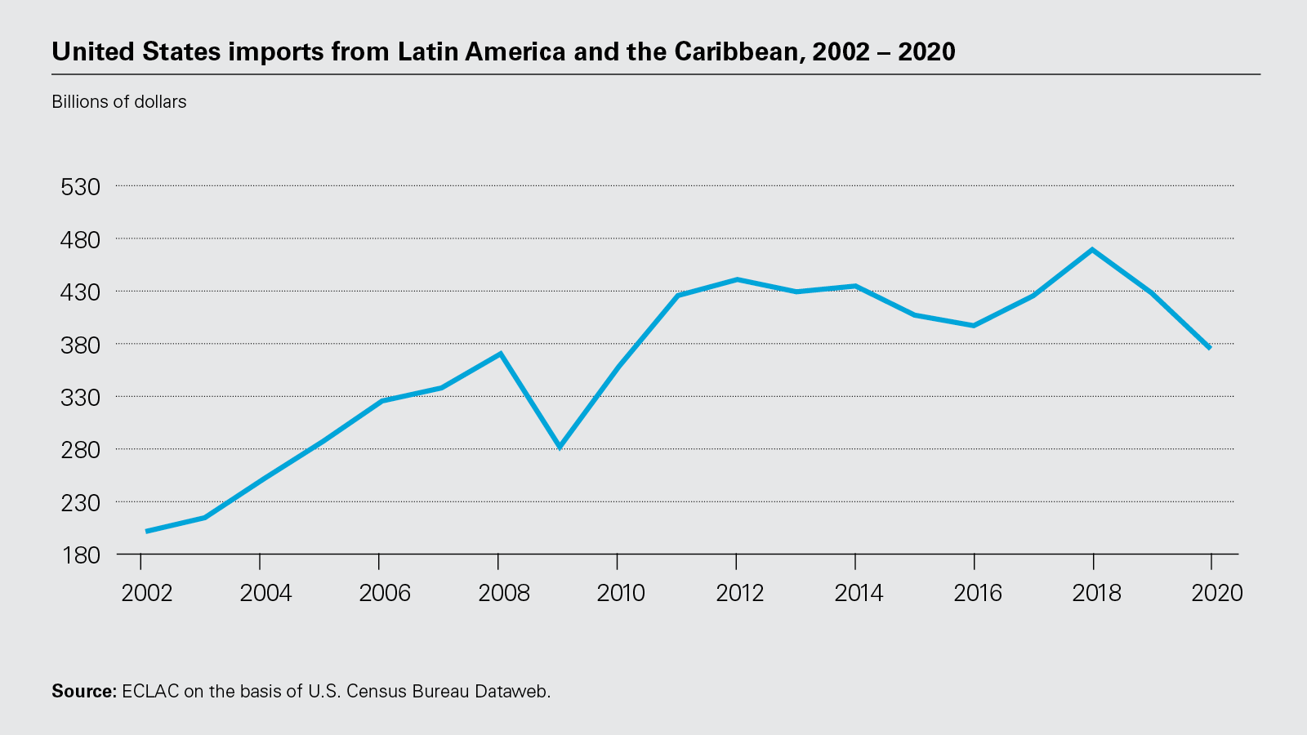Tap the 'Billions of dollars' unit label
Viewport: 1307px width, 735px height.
119,102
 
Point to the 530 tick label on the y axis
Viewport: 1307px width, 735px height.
81,187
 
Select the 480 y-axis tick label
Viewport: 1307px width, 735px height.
81,240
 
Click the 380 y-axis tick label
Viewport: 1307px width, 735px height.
81,345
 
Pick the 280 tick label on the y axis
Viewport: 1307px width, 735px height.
81,451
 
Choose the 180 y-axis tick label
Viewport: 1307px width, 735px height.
81,555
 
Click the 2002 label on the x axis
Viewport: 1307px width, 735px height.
147,593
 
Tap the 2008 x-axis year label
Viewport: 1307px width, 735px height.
504,593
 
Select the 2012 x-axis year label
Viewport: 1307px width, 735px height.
740,593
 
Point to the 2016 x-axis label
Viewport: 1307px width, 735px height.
978,593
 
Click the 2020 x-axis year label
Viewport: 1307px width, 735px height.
1217,593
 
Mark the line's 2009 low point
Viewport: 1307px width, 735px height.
560,448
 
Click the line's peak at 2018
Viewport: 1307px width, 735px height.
1092,249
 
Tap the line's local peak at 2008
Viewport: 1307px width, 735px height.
500,354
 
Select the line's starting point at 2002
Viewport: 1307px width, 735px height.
146,532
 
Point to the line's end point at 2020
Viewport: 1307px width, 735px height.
1210,349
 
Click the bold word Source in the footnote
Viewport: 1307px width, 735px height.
84,692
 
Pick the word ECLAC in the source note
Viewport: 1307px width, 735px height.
150,692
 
